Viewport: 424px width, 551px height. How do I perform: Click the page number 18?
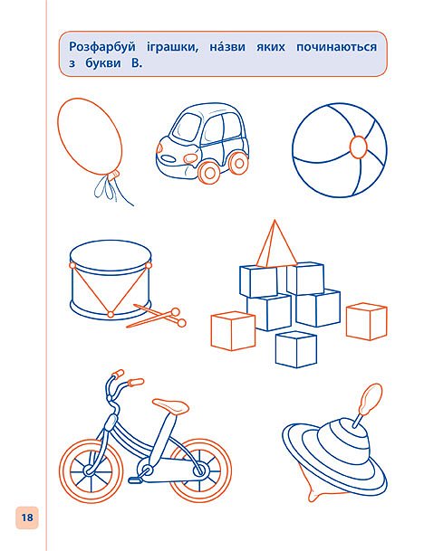27,518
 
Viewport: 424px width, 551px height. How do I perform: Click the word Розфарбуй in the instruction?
102,47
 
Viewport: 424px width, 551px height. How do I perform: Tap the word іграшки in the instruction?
172,47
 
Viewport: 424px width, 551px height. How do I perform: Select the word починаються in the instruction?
336,47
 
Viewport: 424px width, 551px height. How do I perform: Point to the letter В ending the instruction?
136,63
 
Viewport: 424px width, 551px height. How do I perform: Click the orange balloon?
90,137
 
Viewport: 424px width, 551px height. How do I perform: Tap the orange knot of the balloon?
113,175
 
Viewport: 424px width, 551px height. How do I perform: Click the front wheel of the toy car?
209,172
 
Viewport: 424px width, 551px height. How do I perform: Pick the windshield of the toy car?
187,126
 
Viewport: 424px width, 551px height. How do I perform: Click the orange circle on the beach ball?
358,146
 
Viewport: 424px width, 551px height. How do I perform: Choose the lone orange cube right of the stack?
367,321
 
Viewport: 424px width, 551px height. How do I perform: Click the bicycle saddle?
170,406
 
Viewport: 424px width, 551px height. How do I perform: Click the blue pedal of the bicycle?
134,480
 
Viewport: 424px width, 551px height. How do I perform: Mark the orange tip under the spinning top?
315,495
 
